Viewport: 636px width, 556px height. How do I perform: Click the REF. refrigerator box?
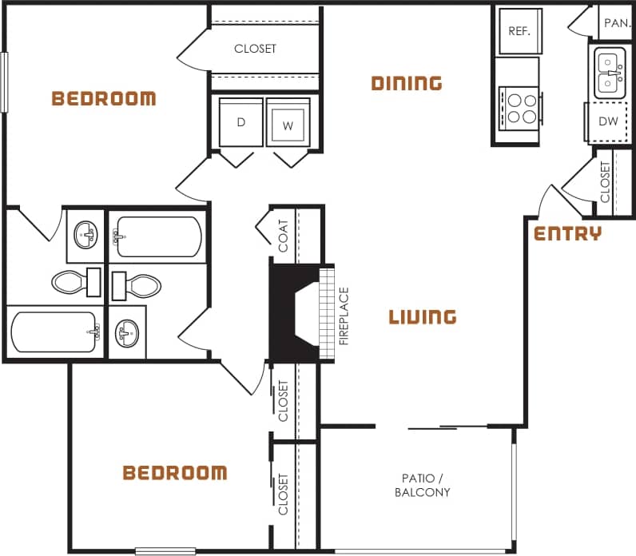519,31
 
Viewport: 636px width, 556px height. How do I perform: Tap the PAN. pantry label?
617,23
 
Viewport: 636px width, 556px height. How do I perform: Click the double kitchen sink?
610,73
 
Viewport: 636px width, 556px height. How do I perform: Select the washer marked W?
287,124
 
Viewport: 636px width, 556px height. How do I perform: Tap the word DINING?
407,82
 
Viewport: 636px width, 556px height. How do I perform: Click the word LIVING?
423,317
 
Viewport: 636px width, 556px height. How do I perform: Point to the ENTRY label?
567,233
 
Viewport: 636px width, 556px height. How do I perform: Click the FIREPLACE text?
344,316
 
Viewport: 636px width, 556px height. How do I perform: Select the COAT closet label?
284,236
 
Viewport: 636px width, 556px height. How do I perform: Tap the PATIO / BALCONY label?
423,485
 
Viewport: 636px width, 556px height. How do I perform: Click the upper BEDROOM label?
104,99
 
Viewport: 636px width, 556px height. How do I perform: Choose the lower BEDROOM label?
174,473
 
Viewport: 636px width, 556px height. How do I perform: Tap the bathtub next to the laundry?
157,237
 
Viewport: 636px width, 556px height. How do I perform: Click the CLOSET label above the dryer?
255,49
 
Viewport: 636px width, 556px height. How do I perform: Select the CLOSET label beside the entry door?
605,182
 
